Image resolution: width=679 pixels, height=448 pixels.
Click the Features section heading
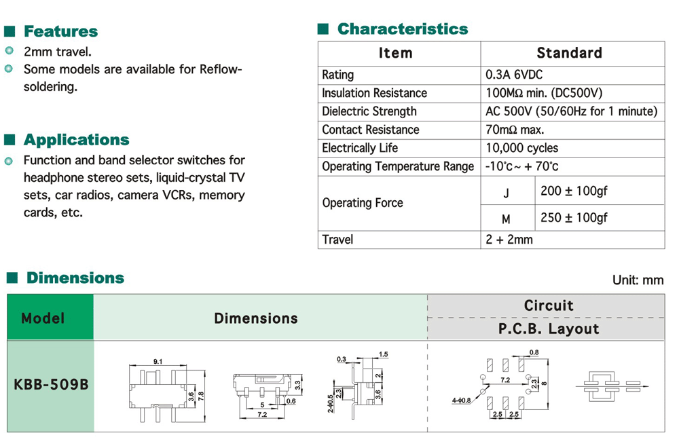pos(60,31)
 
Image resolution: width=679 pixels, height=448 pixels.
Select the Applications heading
pos(76,140)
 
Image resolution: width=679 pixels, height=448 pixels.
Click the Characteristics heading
pos(402,29)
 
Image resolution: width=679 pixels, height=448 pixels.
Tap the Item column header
pos(395,53)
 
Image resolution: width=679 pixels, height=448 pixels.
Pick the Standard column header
pos(569,53)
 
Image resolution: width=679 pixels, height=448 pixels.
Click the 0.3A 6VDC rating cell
pos(513,75)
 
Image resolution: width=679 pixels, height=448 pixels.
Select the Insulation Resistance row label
pos(374,93)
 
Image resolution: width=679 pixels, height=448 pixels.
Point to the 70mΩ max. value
pos(515,130)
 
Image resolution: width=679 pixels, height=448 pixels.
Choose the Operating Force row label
pos(363,203)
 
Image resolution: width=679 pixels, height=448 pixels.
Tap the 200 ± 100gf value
pos(574,191)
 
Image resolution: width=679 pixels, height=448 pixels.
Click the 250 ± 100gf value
pos(574,217)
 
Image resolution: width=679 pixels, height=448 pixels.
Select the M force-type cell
pos(506,219)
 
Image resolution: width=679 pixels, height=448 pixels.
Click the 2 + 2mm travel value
pos(509,240)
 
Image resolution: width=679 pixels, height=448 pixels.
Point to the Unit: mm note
pos(638,280)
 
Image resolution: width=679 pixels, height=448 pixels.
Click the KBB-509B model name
pos(51,385)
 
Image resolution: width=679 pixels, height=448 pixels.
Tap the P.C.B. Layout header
pos(549,329)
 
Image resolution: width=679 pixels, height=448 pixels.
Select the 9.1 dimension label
pos(158,362)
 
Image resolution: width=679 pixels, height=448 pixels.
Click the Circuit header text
pos(549,305)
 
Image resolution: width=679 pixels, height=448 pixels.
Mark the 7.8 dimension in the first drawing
pos(200,388)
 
